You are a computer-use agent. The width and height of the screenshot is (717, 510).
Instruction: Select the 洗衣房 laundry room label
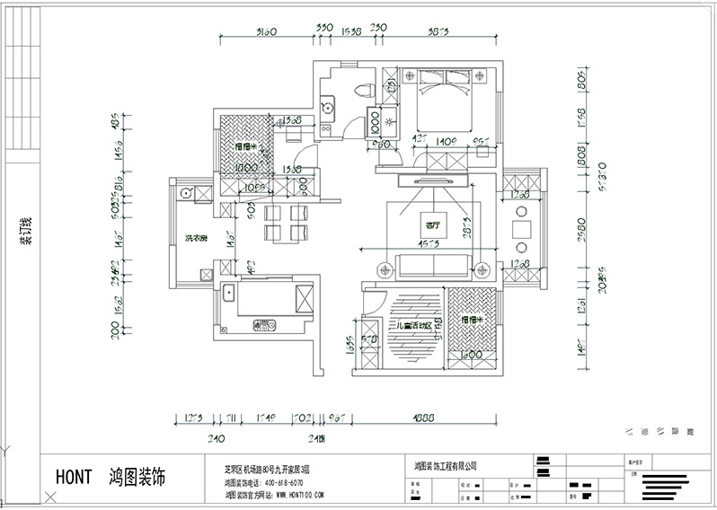click(197, 239)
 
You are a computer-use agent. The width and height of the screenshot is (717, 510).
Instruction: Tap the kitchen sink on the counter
click(228, 293)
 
